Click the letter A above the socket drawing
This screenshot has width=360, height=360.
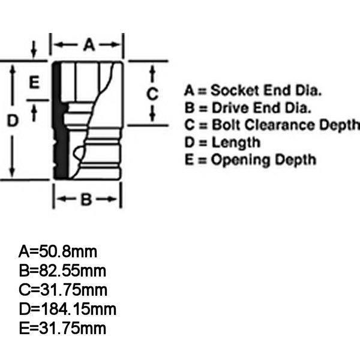tap(89, 44)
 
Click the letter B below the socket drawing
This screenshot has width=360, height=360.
tap(86, 199)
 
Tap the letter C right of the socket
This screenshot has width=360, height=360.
tap(152, 94)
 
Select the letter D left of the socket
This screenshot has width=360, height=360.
tap(13, 121)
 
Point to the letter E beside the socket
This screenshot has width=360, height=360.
tap(34, 82)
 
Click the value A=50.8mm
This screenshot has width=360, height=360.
tap(58, 251)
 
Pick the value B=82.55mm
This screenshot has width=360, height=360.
tap(62, 271)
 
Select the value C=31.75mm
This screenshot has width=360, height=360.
tap(63, 290)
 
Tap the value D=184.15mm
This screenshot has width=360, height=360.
tap(67, 309)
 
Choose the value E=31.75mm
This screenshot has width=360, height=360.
tap(62, 328)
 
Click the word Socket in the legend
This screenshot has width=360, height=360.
tap(235, 90)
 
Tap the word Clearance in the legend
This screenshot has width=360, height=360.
tap(280, 125)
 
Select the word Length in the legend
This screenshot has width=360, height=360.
tap(236, 143)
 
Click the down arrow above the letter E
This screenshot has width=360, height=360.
tap(34, 49)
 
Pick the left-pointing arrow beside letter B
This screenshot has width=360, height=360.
tap(67, 199)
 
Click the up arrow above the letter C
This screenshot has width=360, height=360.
tap(152, 73)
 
